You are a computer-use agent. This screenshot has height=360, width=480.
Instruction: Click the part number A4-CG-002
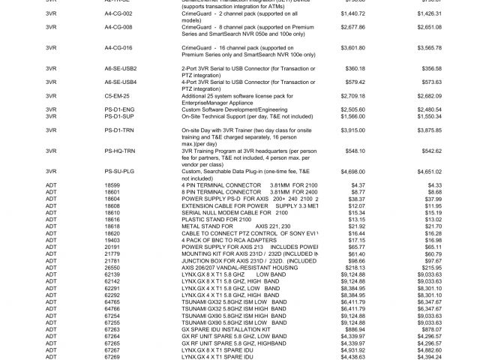(x=118, y=13)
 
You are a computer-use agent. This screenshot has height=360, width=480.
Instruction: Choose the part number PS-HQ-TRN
(x=118, y=150)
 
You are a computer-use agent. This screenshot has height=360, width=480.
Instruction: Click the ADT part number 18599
(x=112, y=184)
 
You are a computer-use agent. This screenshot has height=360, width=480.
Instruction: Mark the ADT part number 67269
(x=112, y=356)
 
